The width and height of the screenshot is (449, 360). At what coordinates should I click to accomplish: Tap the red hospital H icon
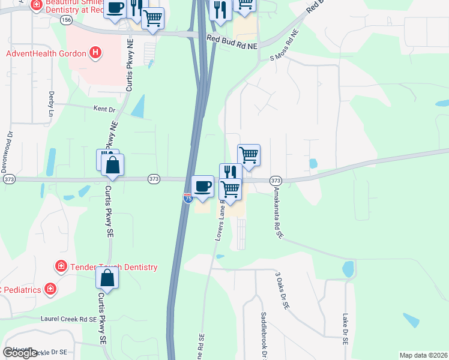click(x=95, y=53)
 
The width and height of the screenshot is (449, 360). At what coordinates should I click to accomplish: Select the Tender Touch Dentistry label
click(x=113, y=267)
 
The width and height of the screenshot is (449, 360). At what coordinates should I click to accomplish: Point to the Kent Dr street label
click(x=104, y=109)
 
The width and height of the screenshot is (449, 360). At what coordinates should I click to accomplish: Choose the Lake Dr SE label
click(x=346, y=328)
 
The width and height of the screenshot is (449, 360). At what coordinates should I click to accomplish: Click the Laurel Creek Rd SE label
click(x=68, y=320)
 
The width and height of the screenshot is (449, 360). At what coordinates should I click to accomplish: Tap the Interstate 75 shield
click(x=188, y=198)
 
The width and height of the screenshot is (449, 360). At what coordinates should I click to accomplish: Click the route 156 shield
click(x=67, y=20)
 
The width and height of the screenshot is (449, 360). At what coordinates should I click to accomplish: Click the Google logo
click(x=20, y=353)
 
